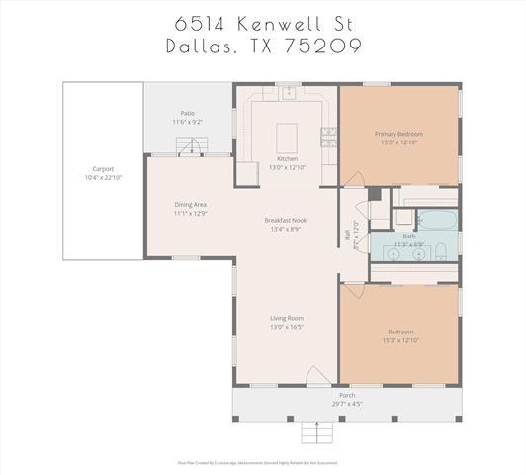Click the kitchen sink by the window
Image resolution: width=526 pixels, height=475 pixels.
click(288, 93)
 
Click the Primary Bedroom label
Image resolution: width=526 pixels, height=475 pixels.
click(397, 133)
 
